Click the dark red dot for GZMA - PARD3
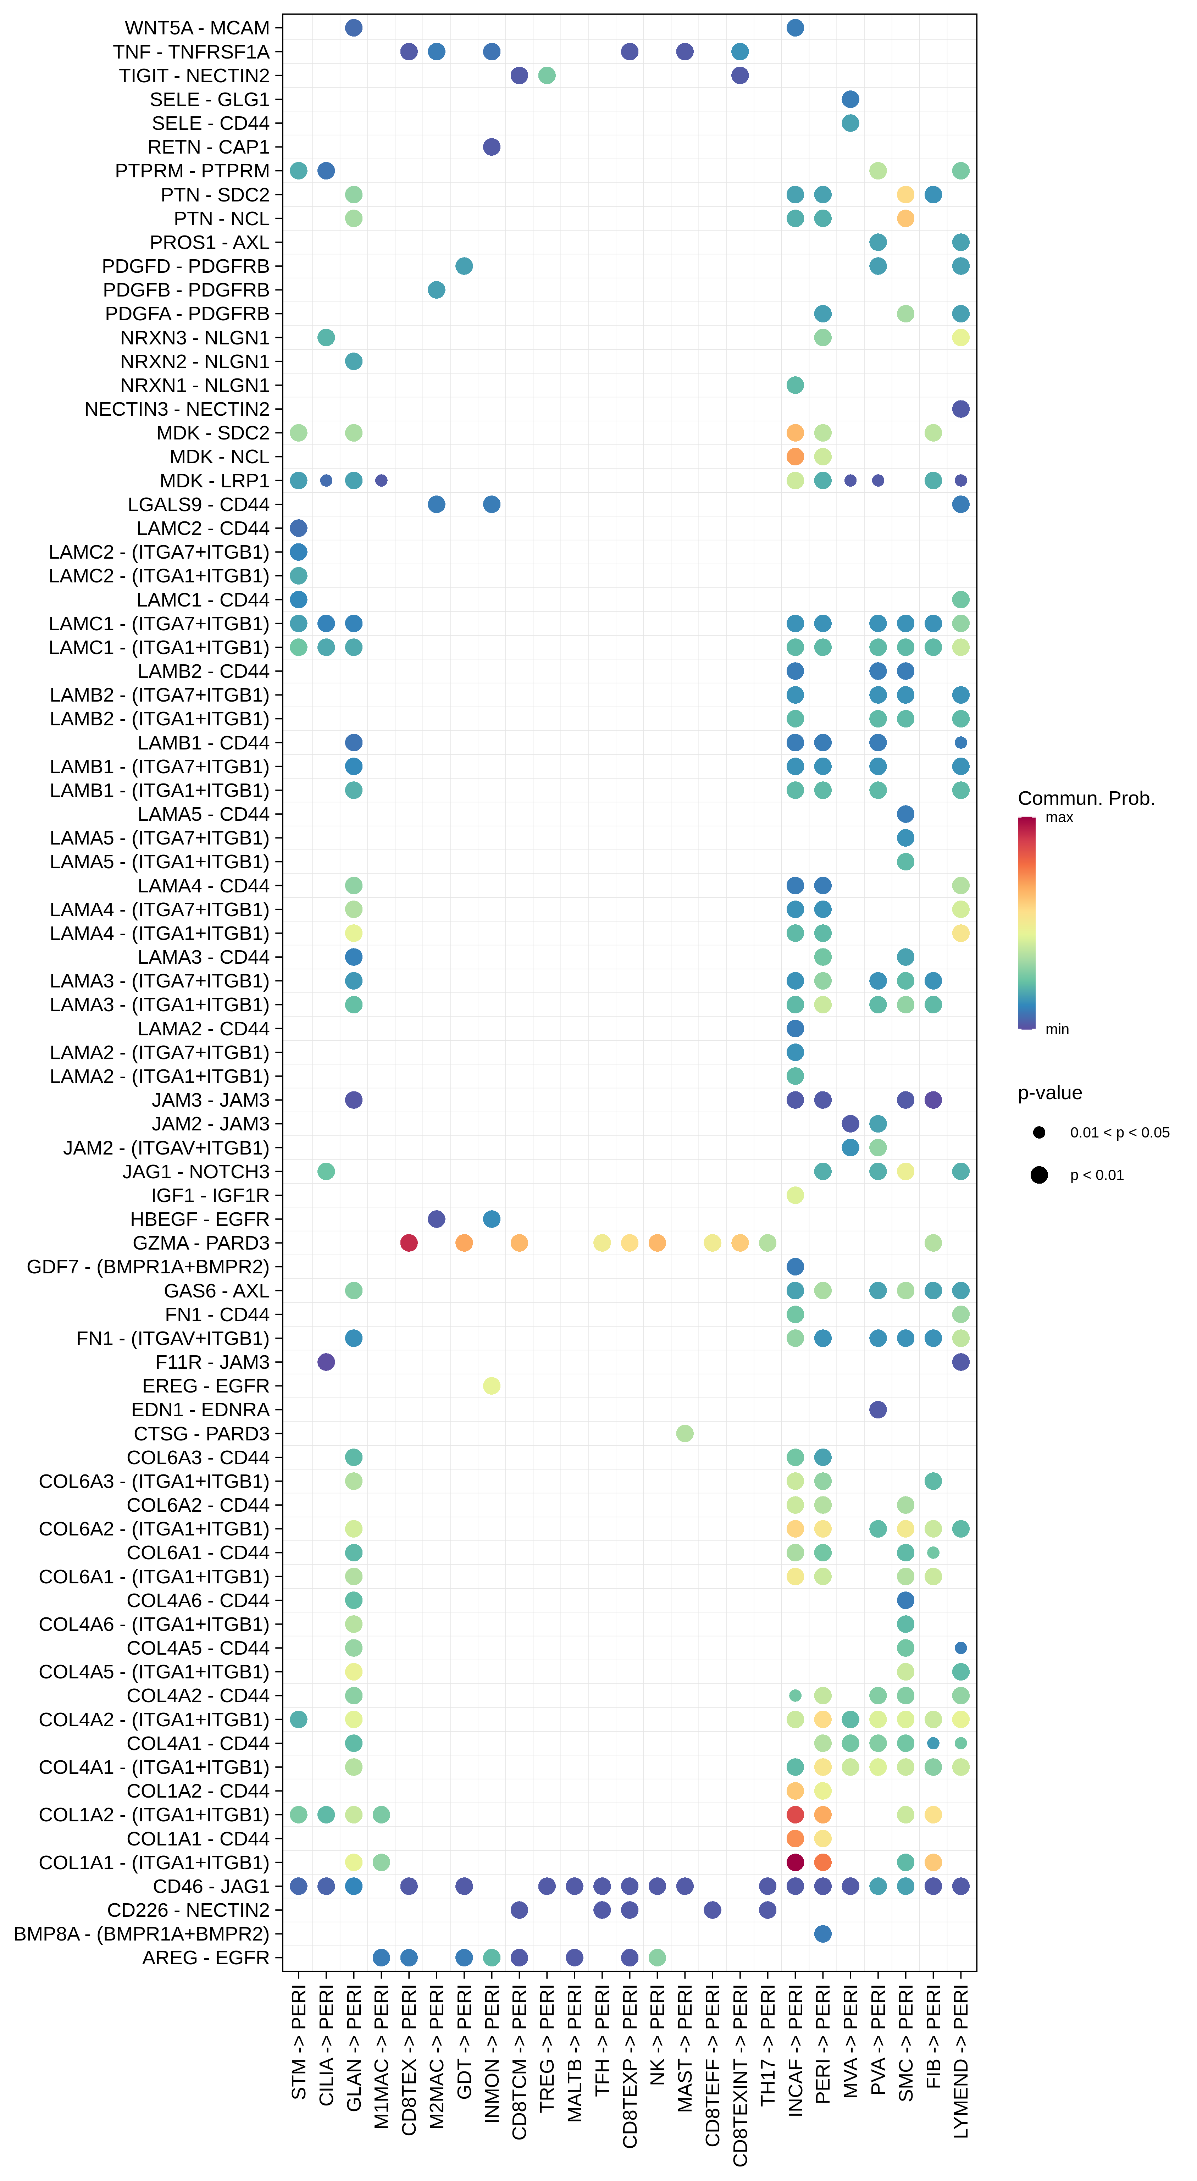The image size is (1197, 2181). click(x=409, y=1243)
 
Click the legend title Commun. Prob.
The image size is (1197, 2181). click(x=1086, y=798)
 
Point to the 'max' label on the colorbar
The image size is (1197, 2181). click(x=1059, y=818)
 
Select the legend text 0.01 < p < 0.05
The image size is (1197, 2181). click(x=1119, y=1133)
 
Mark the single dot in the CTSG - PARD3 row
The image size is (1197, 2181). click(x=685, y=1433)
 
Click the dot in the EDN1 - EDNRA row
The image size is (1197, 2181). click(x=878, y=1410)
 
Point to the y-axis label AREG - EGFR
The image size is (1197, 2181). click(x=206, y=1958)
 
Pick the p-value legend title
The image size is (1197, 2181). click(x=1050, y=1093)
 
